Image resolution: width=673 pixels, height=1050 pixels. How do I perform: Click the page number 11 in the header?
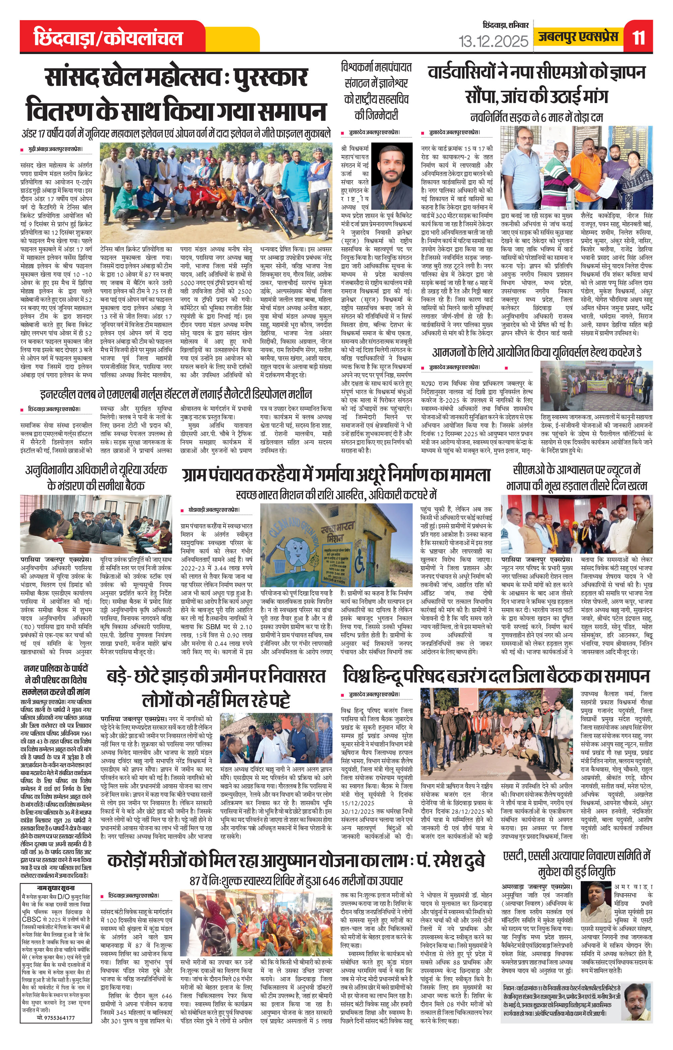coord(638,38)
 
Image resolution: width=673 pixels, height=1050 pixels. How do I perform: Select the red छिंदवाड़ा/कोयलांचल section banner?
coord(109,38)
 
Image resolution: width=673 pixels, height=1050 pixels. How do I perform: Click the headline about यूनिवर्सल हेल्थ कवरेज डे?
coord(537,353)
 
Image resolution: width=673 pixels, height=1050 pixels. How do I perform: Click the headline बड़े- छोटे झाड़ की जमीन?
coord(216,688)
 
